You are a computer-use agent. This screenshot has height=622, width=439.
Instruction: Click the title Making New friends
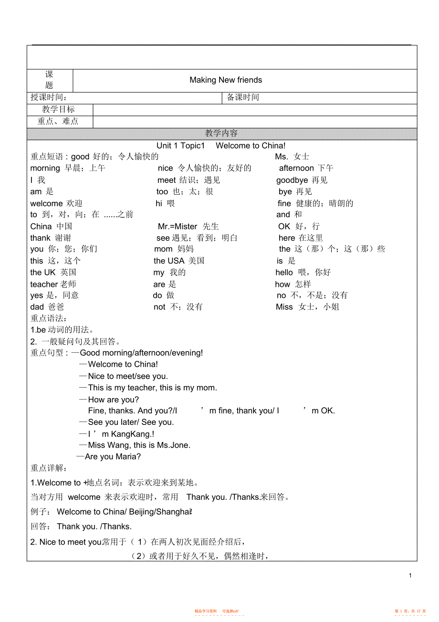point(226,80)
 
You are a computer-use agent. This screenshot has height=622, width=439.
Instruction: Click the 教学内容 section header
point(221,134)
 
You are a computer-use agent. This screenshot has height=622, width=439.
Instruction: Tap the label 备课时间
point(243,97)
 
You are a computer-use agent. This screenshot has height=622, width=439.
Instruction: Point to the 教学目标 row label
point(58,109)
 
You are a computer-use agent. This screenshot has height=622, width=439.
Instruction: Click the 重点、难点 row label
point(58,121)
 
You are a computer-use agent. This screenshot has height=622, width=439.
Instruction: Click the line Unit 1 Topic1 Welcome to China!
point(221,146)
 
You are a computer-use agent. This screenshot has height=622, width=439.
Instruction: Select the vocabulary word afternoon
point(296,168)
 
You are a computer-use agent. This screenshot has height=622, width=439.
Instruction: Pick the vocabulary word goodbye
point(292,180)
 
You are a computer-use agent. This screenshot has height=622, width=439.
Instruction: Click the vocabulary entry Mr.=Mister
point(178,226)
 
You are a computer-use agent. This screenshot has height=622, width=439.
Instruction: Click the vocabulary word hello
point(284,272)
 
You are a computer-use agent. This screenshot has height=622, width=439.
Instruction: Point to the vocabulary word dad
point(37,307)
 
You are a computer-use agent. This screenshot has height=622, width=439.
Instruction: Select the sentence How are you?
point(114,400)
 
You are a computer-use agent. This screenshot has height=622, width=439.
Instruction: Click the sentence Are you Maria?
point(113,457)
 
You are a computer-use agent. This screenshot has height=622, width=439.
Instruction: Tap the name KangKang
point(131,434)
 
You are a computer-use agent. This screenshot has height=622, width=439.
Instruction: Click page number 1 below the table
point(410,576)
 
